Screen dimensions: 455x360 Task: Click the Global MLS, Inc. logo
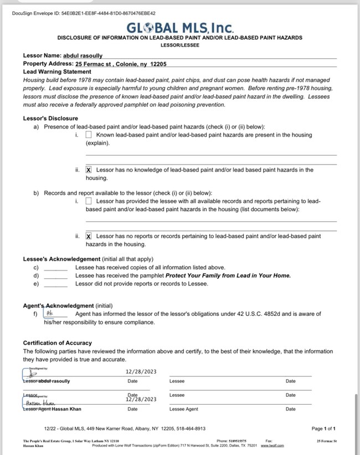click(x=180, y=28)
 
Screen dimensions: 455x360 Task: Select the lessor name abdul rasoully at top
click(x=84, y=55)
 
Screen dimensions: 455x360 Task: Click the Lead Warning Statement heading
click(x=57, y=71)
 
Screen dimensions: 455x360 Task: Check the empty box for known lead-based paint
click(x=89, y=135)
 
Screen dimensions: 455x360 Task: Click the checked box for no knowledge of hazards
click(x=89, y=170)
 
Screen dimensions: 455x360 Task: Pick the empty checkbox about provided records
click(x=89, y=201)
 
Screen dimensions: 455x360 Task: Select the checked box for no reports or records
click(x=89, y=236)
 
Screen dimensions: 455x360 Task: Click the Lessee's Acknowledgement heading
click(x=61, y=259)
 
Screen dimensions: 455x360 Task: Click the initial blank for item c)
click(x=55, y=268)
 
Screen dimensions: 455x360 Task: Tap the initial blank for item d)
click(x=55, y=275)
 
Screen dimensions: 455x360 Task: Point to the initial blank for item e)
click(x=55, y=284)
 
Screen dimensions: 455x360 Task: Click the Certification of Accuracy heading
click(x=57, y=343)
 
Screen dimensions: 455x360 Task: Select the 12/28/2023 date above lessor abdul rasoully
click(x=141, y=372)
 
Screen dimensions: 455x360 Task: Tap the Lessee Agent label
click(x=184, y=409)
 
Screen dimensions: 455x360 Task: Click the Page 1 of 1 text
click(x=323, y=428)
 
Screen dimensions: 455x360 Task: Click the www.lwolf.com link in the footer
click(x=272, y=445)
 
